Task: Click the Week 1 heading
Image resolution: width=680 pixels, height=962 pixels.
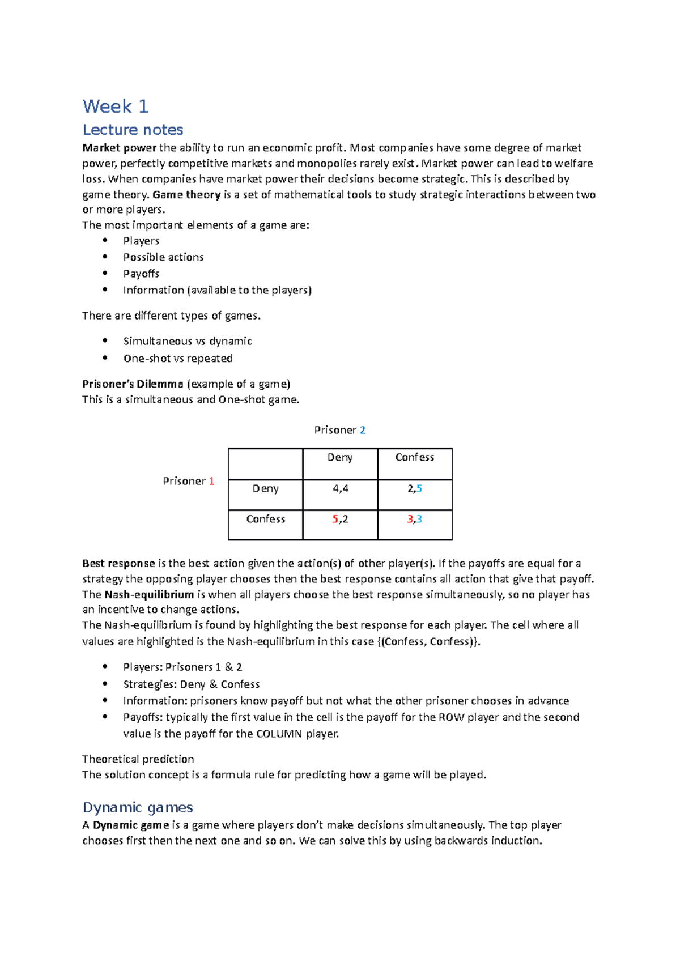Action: (116, 106)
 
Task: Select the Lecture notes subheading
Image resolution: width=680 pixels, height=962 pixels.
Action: (133, 130)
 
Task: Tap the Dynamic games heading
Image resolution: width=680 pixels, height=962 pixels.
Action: (138, 807)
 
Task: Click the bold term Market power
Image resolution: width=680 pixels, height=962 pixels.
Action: (119, 148)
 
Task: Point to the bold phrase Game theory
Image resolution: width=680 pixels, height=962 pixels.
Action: (186, 194)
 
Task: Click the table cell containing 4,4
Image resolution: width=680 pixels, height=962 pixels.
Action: (340, 488)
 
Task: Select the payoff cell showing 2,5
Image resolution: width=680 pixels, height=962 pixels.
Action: (415, 488)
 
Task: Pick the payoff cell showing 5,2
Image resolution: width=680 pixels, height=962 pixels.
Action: (340, 519)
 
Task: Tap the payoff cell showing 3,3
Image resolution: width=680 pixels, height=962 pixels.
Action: (415, 519)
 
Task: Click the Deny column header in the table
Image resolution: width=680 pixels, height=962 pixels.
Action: (340, 457)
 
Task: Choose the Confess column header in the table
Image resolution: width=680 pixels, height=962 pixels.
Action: (415, 457)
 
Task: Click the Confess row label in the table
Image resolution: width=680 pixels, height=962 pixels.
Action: (265, 519)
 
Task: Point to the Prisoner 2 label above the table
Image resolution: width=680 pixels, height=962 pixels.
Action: (339, 430)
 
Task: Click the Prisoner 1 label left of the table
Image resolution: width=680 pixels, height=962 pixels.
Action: (188, 481)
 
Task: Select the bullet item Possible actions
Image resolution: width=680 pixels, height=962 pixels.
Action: (163, 257)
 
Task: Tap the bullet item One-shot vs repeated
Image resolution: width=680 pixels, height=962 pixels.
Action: (178, 359)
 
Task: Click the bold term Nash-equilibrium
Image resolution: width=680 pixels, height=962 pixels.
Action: (149, 594)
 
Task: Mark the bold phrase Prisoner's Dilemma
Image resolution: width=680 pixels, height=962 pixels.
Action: (133, 384)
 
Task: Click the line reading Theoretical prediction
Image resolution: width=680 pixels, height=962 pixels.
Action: (138, 759)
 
